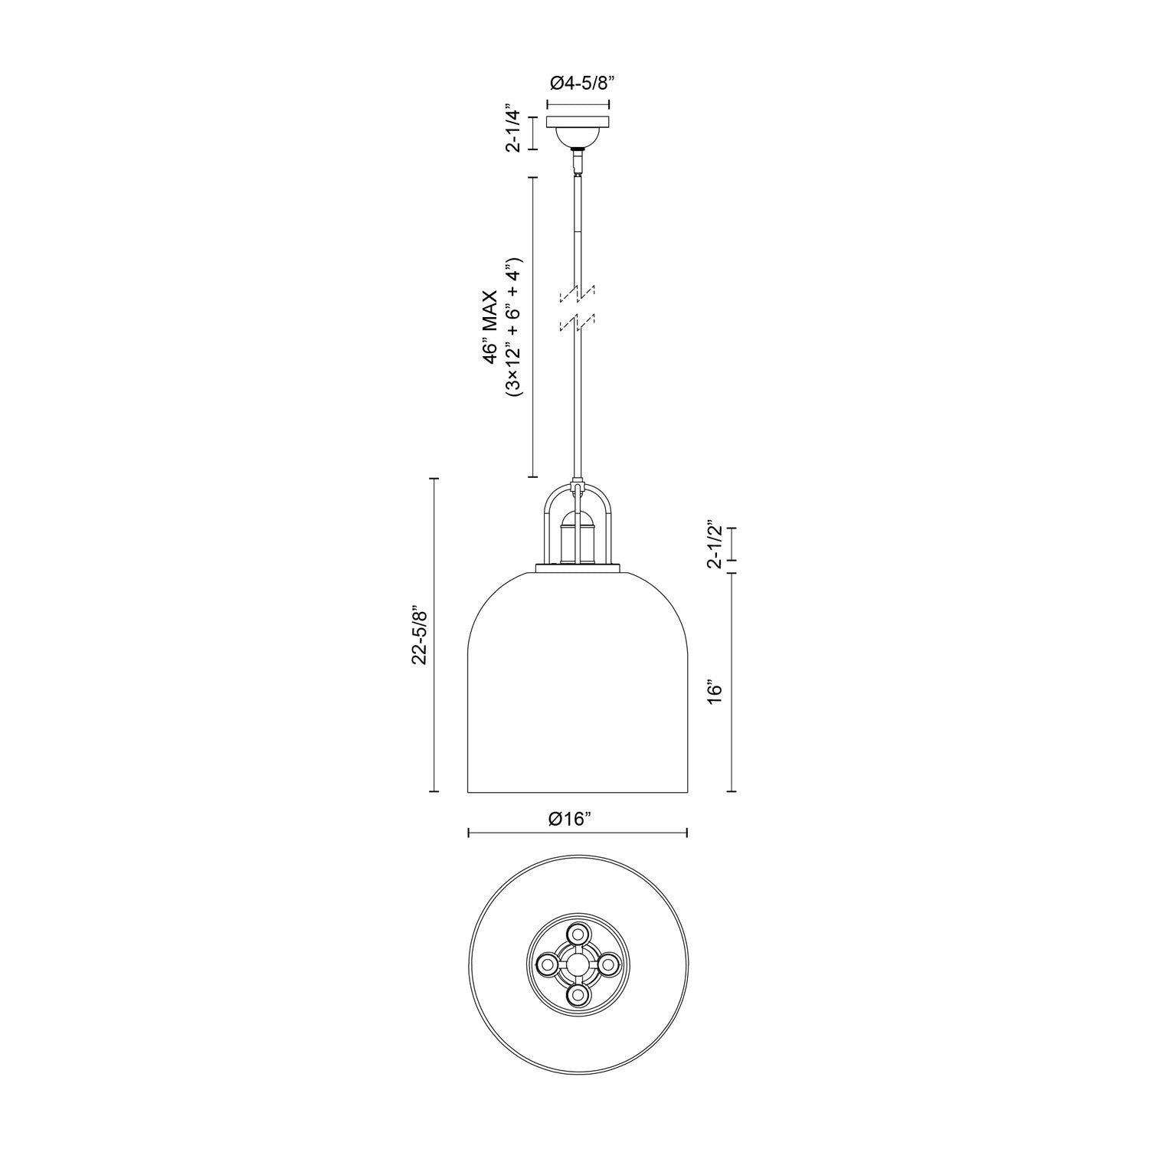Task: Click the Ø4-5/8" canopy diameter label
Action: (578, 83)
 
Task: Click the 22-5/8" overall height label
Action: (419, 636)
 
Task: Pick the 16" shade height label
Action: (715, 690)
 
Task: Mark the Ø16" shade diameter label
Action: (571, 819)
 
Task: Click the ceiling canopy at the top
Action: (578, 122)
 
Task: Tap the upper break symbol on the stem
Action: (578, 293)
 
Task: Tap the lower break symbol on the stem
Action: (578, 322)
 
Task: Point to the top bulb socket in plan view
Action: (577, 935)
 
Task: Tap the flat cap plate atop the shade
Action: (578, 568)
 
